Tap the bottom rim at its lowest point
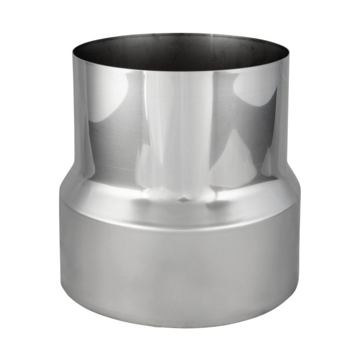point(180,327)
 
